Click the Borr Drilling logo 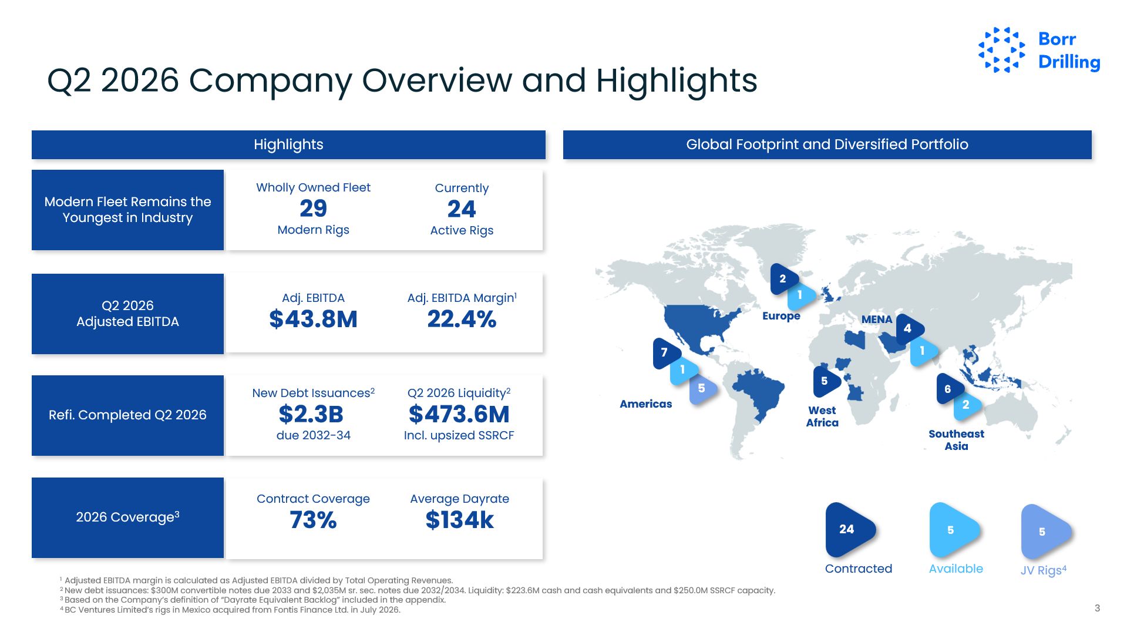pyautogui.click(x=1039, y=50)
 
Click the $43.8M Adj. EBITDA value pyautogui.click(x=313, y=319)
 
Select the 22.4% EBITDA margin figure pyautogui.click(x=462, y=319)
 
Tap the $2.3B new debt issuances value pyautogui.click(x=311, y=414)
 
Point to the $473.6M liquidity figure pyautogui.click(x=459, y=414)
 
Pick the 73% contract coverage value pyautogui.click(x=313, y=520)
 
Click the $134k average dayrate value pyautogui.click(x=460, y=520)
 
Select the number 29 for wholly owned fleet pyautogui.click(x=313, y=209)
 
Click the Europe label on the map pyautogui.click(x=781, y=316)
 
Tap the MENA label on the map pyautogui.click(x=877, y=320)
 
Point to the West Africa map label pyautogui.click(x=822, y=416)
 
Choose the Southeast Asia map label pyautogui.click(x=956, y=440)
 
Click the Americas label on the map pyautogui.click(x=645, y=404)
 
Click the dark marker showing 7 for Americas pyautogui.click(x=666, y=353)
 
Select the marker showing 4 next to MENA pyautogui.click(x=909, y=329)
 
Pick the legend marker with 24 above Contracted pyautogui.click(x=849, y=530)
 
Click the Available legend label pyautogui.click(x=956, y=569)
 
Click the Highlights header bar pyautogui.click(x=288, y=144)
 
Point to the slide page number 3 pyautogui.click(x=1097, y=608)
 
